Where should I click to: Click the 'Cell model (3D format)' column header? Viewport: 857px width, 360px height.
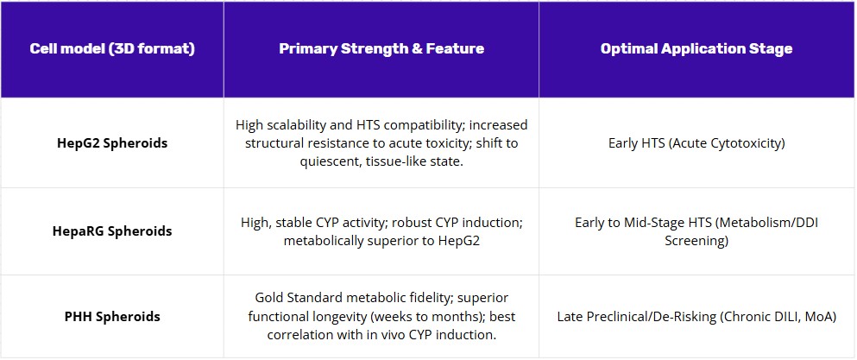pyautogui.click(x=112, y=48)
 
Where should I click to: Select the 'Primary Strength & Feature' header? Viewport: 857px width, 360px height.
pyautogui.click(x=381, y=48)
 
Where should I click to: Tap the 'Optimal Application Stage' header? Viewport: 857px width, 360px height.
pyautogui.click(x=696, y=48)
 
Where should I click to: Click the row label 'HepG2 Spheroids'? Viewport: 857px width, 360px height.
pyautogui.click(x=112, y=143)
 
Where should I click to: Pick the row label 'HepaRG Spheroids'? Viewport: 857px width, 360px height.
pyautogui.click(x=112, y=231)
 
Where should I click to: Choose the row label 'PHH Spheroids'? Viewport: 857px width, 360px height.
pyautogui.click(x=112, y=317)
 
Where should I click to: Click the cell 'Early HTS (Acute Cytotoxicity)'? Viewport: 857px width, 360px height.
pyautogui.click(x=696, y=143)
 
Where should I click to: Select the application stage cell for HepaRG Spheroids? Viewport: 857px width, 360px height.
pyautogui.click(x=696, y=231)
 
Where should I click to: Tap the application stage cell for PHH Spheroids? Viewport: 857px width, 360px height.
pyautogui.click(x=696, y=317)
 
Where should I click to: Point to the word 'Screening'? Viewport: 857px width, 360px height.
pyautogui.click(x=696, y=241)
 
